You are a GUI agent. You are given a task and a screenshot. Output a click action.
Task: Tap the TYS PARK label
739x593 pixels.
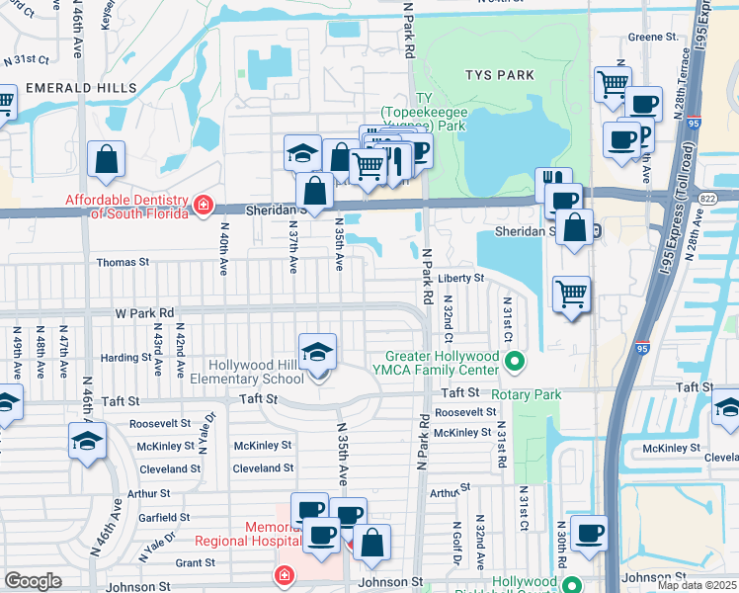click(500, 75)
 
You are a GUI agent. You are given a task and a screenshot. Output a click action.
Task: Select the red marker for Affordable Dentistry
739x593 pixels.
click(203, 206)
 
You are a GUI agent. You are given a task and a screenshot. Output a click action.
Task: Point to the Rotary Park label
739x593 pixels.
click(560, 394)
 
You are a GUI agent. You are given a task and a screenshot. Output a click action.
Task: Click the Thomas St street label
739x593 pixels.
click(123, 263)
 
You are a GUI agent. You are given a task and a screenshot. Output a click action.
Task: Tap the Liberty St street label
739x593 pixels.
click(460, 279)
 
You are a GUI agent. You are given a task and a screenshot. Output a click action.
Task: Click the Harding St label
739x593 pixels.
click(125, 357)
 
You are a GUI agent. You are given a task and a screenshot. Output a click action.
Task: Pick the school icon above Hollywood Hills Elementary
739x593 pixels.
click(317, 352)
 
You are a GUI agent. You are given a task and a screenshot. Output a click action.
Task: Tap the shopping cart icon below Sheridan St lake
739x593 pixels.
click(572, 294)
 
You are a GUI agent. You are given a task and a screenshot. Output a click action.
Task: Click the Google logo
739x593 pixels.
click(33, 580)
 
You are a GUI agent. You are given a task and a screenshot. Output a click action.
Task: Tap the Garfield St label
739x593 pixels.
click(164, 517)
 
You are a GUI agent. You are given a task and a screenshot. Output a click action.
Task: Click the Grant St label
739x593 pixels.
click(195, 563)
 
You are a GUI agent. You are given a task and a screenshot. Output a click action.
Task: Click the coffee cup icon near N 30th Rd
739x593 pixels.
click(590, 534)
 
